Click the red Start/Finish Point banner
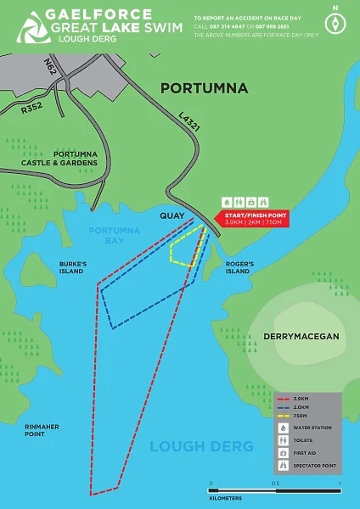(x=254, y=219)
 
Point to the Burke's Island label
(x=72, y=267)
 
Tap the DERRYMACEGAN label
(x=301, y=337)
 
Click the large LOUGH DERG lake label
(x=201, y=446)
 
